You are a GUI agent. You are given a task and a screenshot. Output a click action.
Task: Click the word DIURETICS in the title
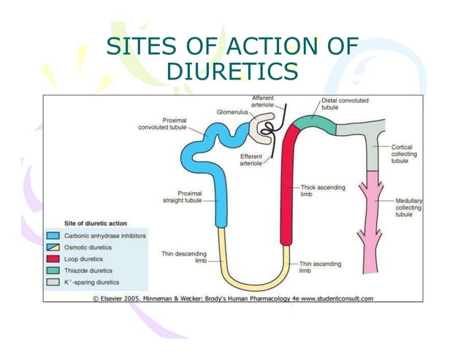pos(232,72)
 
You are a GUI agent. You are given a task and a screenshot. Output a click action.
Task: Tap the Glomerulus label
pos(232,112)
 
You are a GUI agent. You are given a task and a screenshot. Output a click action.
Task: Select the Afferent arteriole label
pos(262,101)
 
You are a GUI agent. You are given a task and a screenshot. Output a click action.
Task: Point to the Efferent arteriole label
pos(251,159)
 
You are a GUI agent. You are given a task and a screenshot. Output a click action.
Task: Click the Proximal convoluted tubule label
pos(162,123)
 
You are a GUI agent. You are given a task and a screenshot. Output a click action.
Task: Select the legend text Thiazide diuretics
pos(91,270)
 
